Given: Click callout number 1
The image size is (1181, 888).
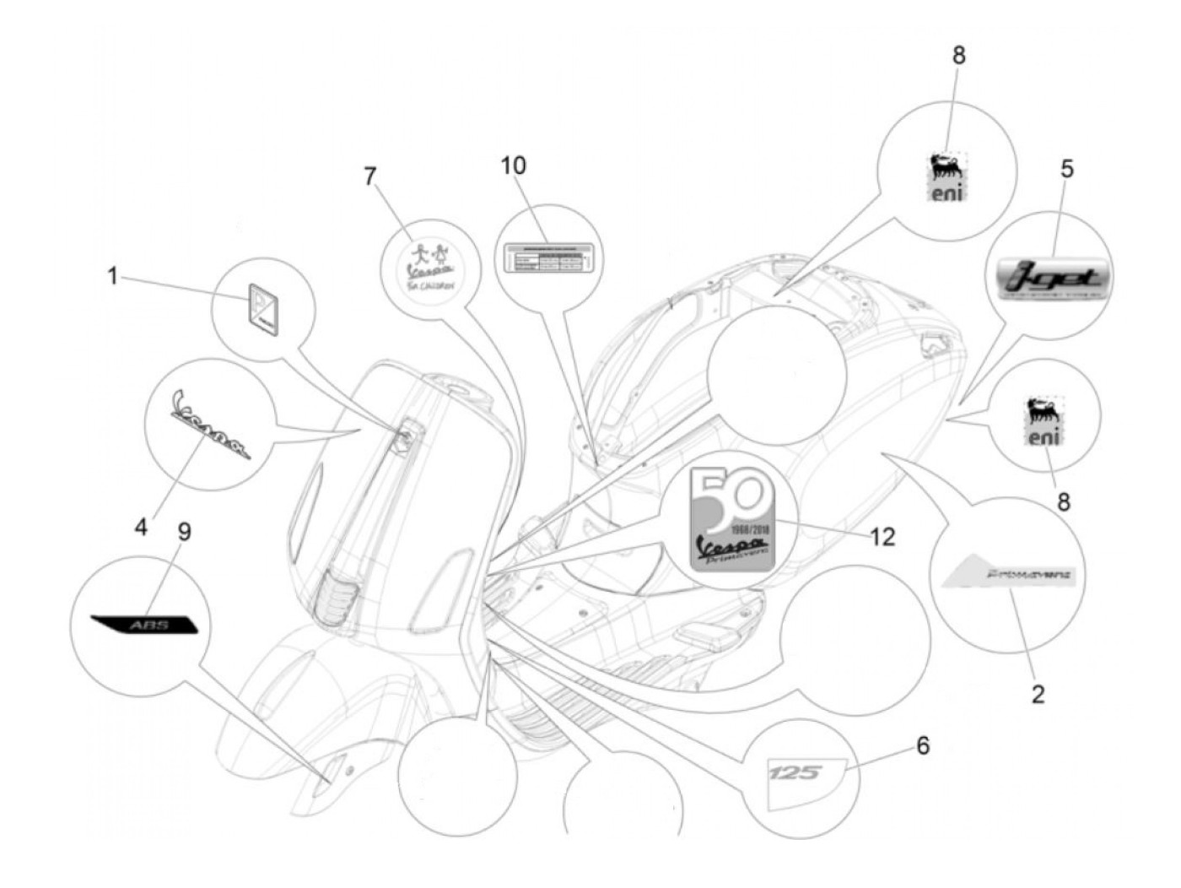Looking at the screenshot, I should (x=113, y=276).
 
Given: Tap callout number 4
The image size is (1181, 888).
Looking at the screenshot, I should (x=140, y=527).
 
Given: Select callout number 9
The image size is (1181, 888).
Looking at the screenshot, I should (x=184, y=532).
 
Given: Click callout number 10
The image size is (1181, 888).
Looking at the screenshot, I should (x=512, y=165).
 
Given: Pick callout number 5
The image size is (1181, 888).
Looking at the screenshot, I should (x=1067, y=169).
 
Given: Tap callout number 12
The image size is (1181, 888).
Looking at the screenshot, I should (x=882, y=537).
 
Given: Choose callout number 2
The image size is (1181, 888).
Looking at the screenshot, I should (x=1038, y=694).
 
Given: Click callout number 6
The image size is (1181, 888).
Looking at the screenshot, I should (x=923, y=745).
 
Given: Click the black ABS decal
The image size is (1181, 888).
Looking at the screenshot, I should (x=144, y=625).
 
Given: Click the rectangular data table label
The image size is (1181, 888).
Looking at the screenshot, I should (x=546, y=256).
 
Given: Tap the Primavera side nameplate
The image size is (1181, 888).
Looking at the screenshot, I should (x=1009, y=577).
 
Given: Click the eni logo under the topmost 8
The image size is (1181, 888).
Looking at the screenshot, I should (x=947, y=179).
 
